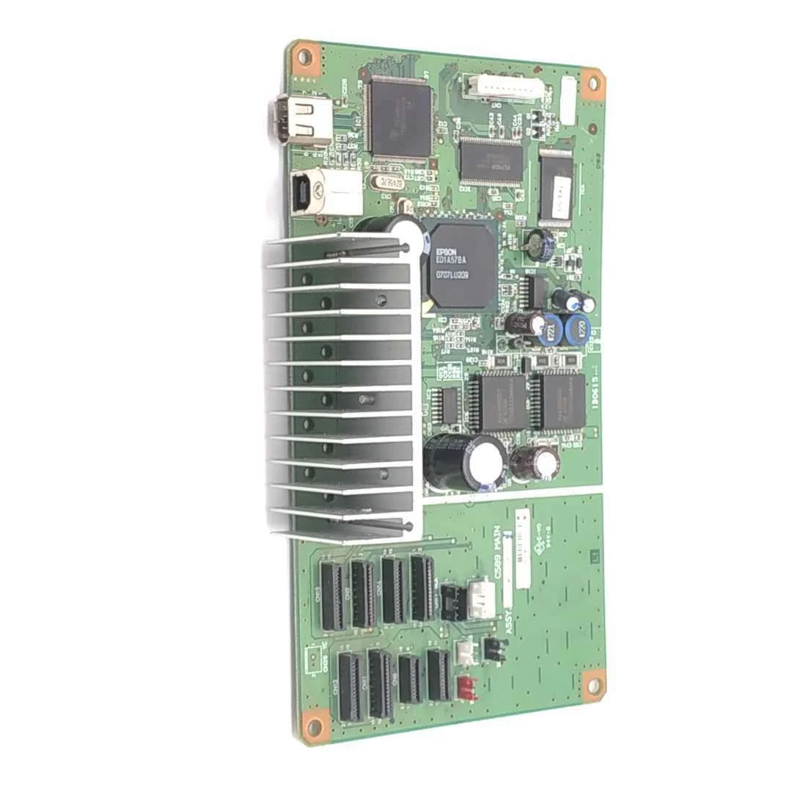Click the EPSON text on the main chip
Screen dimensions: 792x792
click(446, 250)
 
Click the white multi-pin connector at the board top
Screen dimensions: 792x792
click(502, 89)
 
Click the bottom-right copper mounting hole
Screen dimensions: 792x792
click(593, 686)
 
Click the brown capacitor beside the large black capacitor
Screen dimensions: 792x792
click(535, 463)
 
